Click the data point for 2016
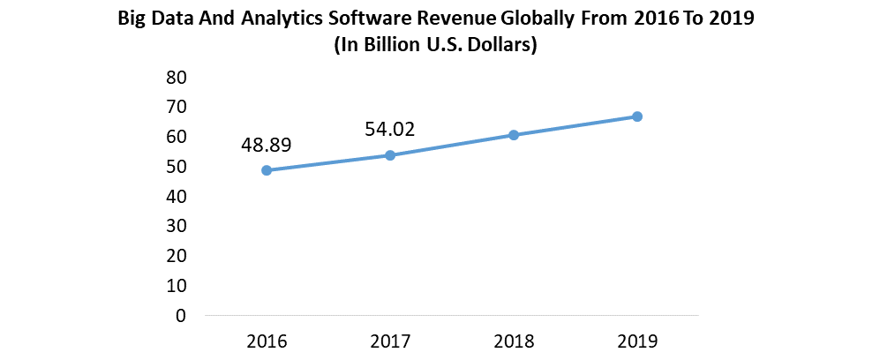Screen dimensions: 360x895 (x=267, y=170)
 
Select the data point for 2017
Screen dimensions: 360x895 (x=390, y=155)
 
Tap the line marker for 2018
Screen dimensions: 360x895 (x=513, y=135)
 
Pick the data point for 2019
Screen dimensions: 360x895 (x=636, y=116)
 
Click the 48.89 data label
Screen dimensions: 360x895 (x=266, y=145)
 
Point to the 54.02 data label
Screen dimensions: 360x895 (x=389, y=130)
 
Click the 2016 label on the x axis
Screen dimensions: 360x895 (x=267, y=341)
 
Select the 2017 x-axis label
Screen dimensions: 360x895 (x=390, y=341)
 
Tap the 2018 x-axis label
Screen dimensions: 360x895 (x=513, y=341)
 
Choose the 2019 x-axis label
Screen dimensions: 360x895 (x=636, y=341)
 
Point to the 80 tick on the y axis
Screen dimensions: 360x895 (x=176, y=78)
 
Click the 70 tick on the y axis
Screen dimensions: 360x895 (x=176, y=108)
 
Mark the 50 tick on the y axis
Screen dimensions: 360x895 (x=176, y=167)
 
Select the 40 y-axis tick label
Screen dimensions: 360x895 (x=176, y=197)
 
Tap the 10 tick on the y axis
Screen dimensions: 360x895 (x=176, y=286)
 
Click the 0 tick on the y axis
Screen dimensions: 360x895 (x=181, y=315)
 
